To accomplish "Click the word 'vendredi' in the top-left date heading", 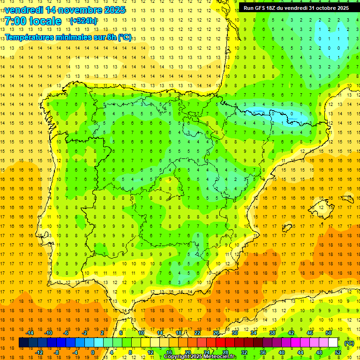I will [x=24, y=10].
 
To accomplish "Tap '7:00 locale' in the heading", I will [x=33, y=21].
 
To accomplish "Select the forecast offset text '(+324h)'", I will [x=83, y=21].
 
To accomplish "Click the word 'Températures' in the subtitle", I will [x=30, y=37].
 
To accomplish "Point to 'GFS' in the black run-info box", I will [x=262, y=7].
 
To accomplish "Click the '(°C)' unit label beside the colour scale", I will [x=349, y=343].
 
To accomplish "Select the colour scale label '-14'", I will [x=30, y=333].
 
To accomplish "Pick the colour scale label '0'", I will [x=92, y=352].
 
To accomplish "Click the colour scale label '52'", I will [x=337, y=352].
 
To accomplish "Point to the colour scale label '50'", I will [x=329, y=333].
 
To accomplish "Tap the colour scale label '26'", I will [x=216, y=333].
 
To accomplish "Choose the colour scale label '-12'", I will [x=39, y=352].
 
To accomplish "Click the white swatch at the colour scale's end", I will [x=333, y=343].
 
